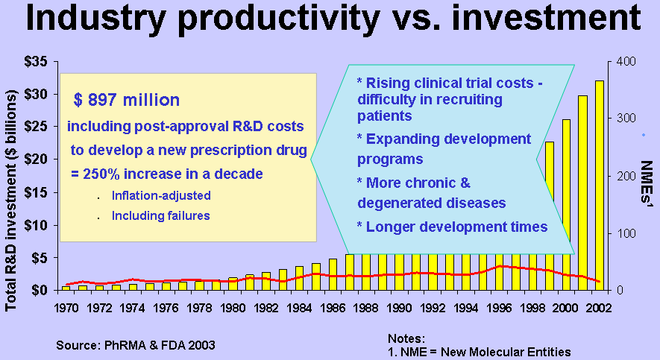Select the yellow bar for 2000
pos(566,204)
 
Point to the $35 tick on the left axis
pos(37,61)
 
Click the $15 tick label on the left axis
pos(37,192)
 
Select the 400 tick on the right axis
pos(623,61)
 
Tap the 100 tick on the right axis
pos(623,233)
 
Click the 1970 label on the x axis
pos(66,306)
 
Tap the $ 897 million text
pos(127,100)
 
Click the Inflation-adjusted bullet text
pos(161,196)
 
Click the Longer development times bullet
pos(453,227)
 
